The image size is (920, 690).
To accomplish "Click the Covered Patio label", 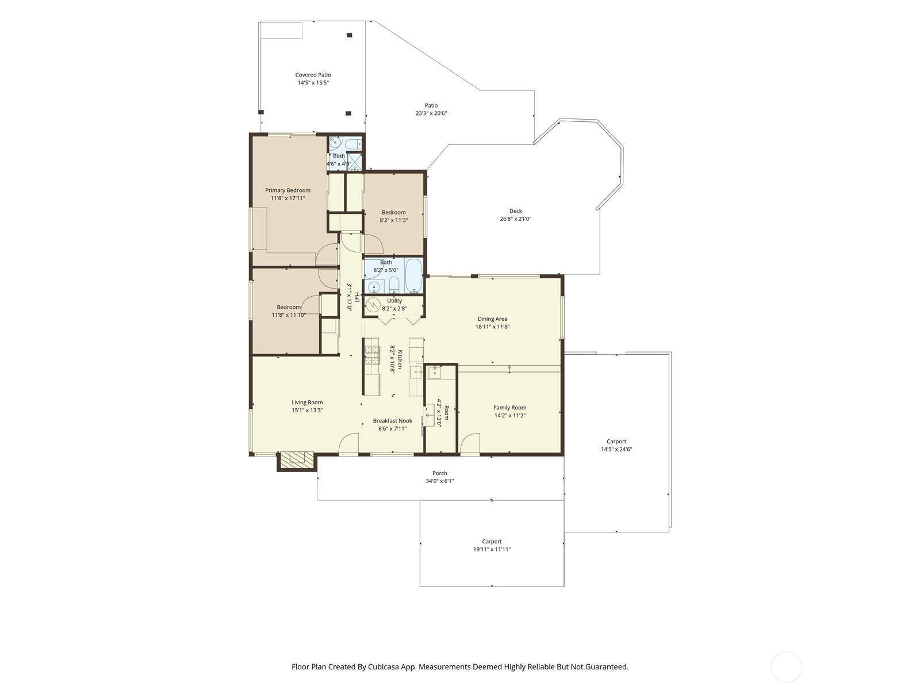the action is (313, 75).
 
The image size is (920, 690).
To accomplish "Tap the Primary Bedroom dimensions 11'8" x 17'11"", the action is (287, 198).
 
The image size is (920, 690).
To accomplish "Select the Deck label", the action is (516, 211).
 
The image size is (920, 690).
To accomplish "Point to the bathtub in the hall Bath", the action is (414, 275).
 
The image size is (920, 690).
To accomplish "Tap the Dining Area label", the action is (492, 319).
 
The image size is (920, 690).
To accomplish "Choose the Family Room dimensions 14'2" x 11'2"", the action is (509, 416).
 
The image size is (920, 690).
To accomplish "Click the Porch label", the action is (440, 473).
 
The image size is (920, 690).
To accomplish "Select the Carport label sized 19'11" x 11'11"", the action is (492, 541).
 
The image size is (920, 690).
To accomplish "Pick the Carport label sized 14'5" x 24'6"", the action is (616, 441).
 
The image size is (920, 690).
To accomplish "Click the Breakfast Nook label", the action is (392, 421).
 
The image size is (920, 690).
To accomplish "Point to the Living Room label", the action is (307, 402).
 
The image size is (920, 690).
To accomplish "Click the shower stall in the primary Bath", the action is (355, 162).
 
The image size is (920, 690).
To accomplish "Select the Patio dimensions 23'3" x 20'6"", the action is (431, 113).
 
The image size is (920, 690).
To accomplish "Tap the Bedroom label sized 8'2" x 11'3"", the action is (393, 212).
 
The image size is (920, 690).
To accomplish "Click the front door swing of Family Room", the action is (470, 444).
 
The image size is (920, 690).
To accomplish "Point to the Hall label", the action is (357, 297).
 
